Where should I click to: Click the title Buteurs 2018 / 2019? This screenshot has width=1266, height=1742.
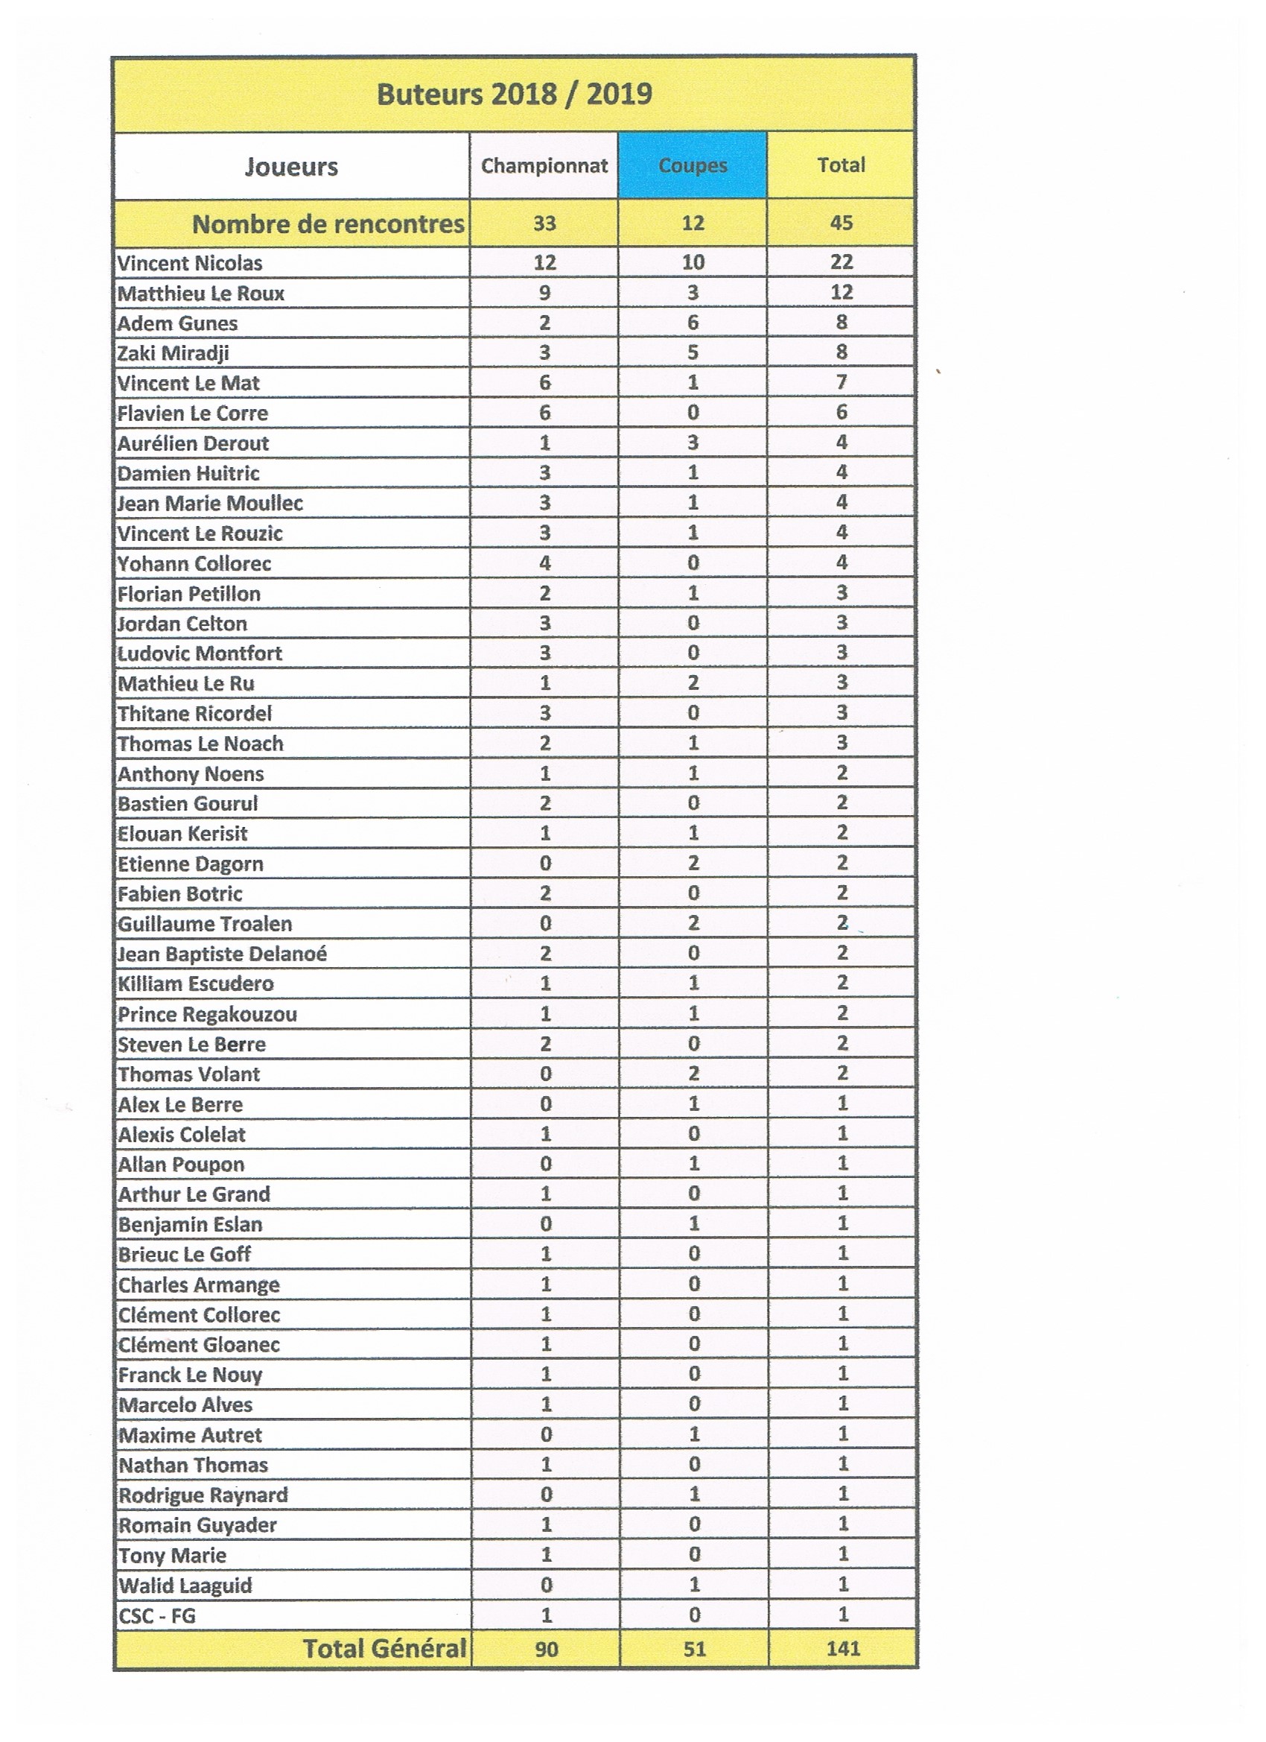coord(514,94)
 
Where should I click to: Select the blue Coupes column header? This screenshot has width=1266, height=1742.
coord(693,166)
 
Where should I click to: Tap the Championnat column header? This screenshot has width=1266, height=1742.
coord(544,166)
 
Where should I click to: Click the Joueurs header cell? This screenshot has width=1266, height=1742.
coord(291,167)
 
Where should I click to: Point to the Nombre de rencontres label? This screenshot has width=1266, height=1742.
coord(328,224)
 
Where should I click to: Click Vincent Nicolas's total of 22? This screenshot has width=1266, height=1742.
coord(842,262)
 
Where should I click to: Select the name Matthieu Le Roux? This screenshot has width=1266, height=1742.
coord(200,294)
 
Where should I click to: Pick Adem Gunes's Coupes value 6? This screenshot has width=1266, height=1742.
coord(693,323)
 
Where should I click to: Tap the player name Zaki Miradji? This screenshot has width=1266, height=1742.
coord(173,353)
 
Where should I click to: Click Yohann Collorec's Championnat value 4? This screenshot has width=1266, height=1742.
coord(544,563)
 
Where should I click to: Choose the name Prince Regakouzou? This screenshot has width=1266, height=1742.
coord(207,1015)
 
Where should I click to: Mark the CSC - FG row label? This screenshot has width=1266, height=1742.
coord(157,1616)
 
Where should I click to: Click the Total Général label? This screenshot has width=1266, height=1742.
coord(384,1648)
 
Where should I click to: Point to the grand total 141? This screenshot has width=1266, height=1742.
coord(843,1648)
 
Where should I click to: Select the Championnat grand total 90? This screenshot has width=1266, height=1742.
coord(546,1648)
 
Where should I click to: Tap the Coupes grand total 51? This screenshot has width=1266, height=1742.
coord(694,1648)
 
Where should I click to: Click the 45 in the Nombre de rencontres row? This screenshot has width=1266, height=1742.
coord(842,224)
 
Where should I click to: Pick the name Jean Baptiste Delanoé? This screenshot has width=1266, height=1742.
coord(222,954)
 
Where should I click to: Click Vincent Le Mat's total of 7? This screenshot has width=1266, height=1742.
coord(842,381)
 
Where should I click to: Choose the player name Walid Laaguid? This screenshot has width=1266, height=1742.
coord(185,1586)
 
